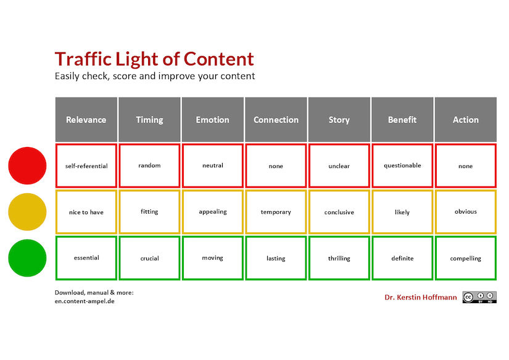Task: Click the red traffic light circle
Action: (x=27, y=165)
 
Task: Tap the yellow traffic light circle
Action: (x=27, y=212)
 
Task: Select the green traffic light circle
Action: (x=27, y=258)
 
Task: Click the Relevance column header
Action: (x=86, y=120)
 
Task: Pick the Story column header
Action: (x=339, y=120)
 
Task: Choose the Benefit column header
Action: (x=402, y=120)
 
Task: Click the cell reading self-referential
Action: (x=86, y=165)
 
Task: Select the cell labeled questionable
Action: (x=402, y=165)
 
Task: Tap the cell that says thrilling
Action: (x=339, y=258)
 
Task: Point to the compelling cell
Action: (x=466, y=258)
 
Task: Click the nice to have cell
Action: (x=86, y=212)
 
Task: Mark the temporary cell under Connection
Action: (x=276, y=212)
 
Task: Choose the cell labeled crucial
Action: (x=149, y=258)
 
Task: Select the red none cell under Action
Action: (x=466, y=165)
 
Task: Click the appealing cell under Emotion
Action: (x=213, y=212)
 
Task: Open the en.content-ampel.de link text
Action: (x=85, y=301)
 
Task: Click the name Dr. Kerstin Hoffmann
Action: (x=421, y=298)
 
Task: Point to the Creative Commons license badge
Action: (x=479, y=297)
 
